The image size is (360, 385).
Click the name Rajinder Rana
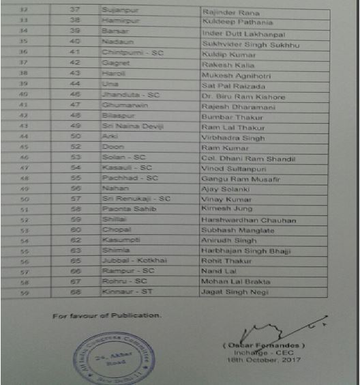225,12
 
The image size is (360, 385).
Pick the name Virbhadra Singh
229,137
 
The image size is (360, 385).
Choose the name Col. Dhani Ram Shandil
248,158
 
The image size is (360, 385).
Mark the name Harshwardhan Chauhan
248,220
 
